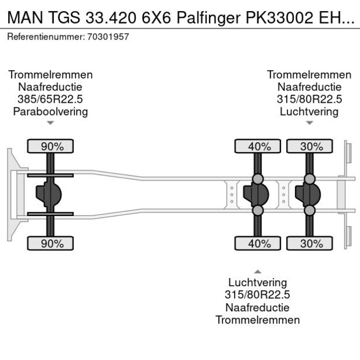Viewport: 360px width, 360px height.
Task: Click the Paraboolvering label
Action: (51, 111)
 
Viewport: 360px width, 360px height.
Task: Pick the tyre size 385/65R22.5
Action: (51, 99)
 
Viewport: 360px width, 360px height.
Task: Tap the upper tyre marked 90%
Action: (51, 146)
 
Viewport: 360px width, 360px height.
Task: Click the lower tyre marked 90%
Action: (51, 243)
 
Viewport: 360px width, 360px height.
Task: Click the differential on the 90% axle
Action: (49, 195)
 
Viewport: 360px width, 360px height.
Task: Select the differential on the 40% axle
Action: (256, 195)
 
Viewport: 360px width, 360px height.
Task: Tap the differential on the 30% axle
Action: (308, 195)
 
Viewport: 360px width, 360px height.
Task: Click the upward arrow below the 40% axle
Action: (258, 271)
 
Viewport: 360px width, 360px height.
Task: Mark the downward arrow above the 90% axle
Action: (51, 123)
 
